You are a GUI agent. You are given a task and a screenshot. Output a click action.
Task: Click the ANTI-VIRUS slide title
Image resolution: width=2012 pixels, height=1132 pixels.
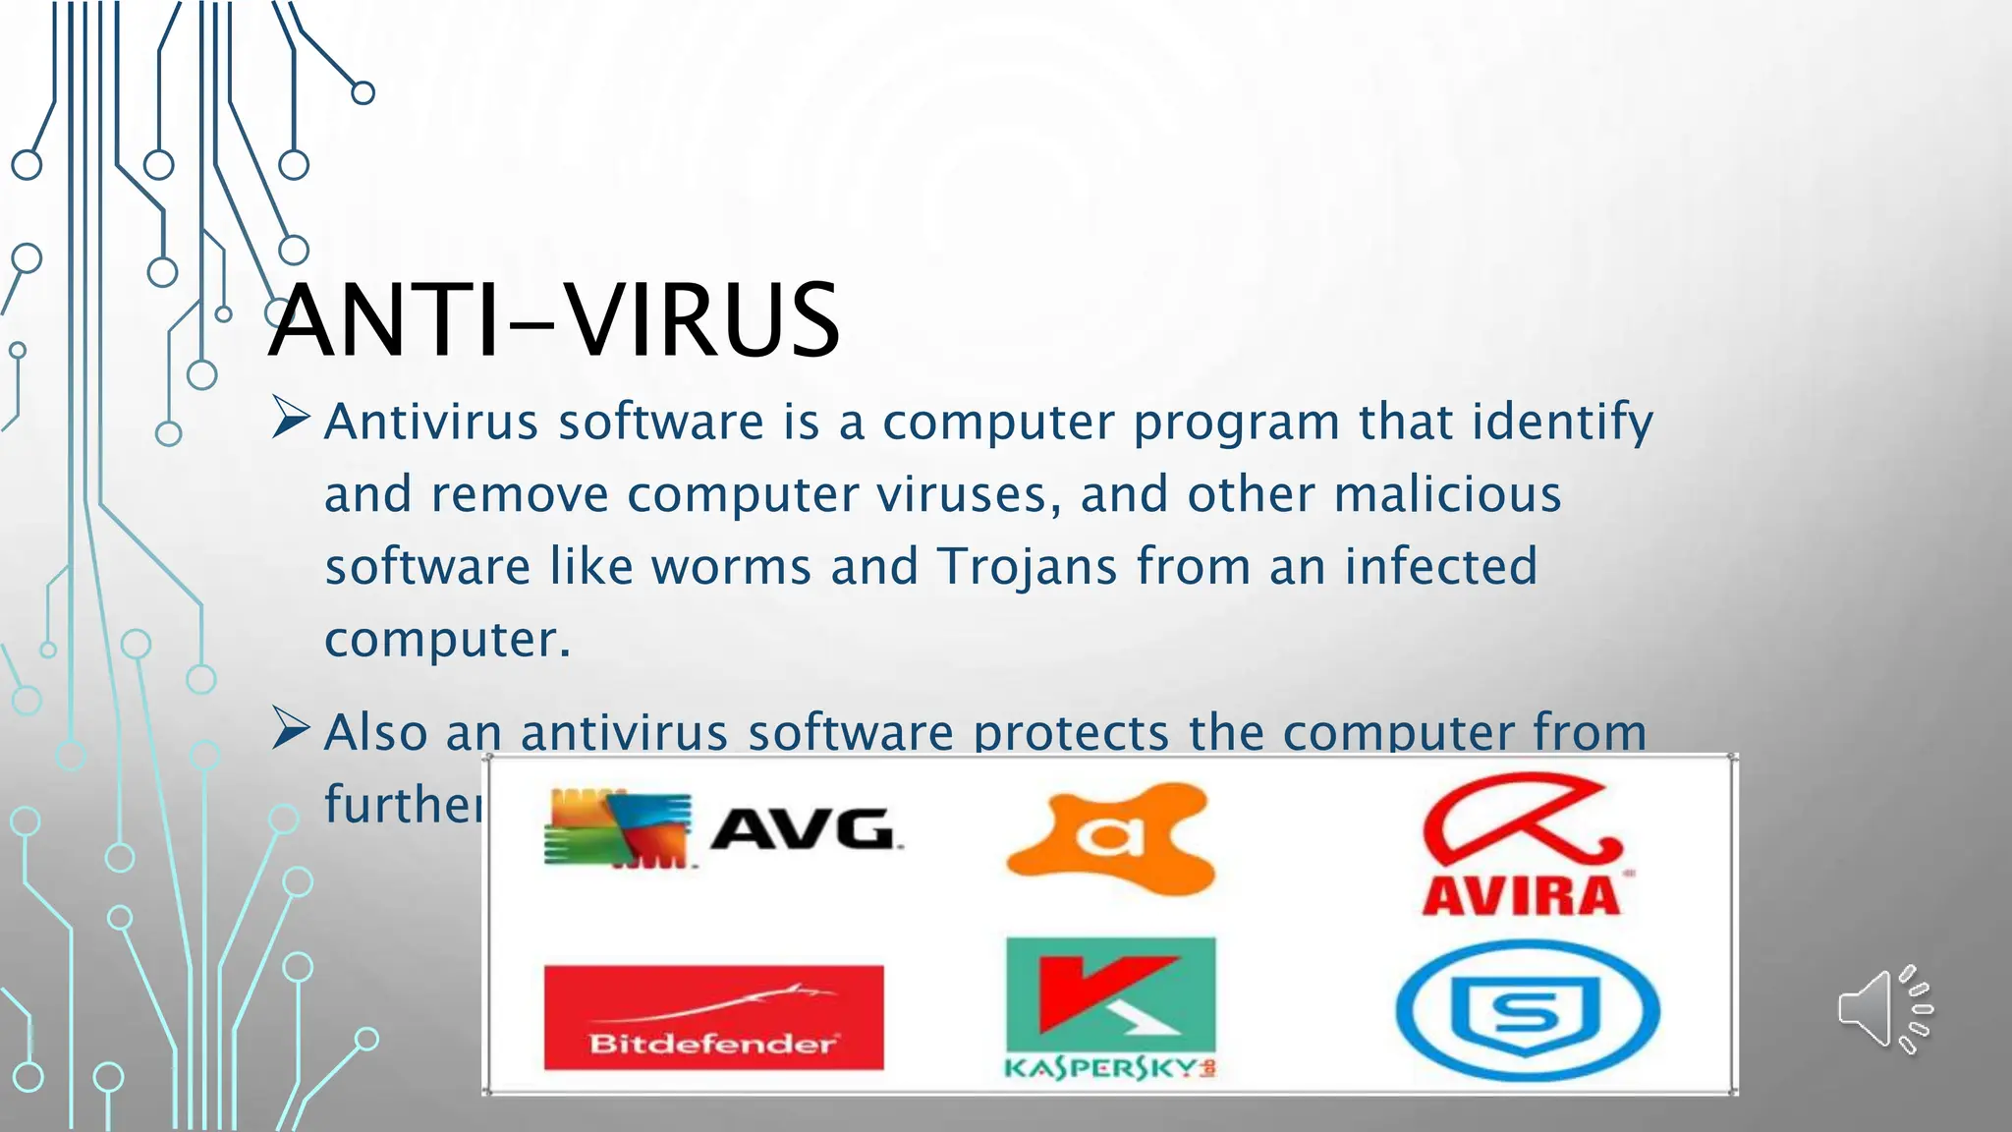tap(553, 320)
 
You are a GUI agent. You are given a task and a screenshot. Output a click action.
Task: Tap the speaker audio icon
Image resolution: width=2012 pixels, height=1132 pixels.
tap(1884, 1009)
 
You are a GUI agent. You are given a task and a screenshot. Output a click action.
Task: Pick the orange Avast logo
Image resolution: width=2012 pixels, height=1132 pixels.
tap(1110, 837)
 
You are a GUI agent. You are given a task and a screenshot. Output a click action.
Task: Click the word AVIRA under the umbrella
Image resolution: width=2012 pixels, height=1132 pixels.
tap(1521, 896)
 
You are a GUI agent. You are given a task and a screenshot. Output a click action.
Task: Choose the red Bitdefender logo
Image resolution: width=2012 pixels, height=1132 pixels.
tap(713, 1017)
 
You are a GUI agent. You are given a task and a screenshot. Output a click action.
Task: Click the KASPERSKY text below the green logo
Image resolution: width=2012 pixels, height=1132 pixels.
tap(1108, 1068)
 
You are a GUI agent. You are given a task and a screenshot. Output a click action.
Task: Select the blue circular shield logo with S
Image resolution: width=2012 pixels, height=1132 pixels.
tap(1528, 1011)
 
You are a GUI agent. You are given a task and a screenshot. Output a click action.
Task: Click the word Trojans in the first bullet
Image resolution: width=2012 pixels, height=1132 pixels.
tap(1027, 567)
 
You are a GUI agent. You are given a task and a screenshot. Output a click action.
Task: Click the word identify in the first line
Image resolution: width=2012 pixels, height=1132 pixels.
tap(1562, 423)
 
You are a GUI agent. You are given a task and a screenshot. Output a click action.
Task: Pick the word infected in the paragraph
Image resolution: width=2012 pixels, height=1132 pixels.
tap(1440, 567)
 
